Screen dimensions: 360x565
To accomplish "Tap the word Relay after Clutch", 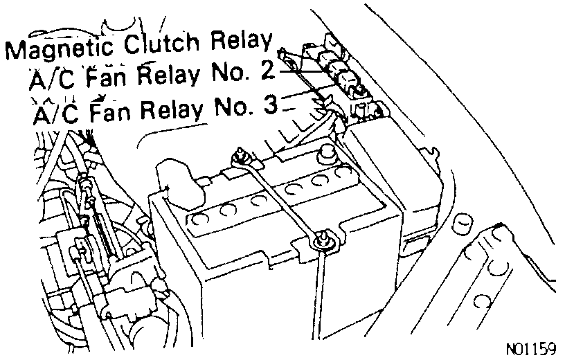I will click(x=240, y=42).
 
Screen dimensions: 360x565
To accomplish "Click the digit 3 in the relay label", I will click(x=271, y=106).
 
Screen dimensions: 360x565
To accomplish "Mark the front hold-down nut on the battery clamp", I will click(x=323, y=240).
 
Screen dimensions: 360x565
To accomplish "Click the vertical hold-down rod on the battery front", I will click(x=320, y=291).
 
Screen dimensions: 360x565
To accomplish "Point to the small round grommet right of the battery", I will click(x=460, y=225).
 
